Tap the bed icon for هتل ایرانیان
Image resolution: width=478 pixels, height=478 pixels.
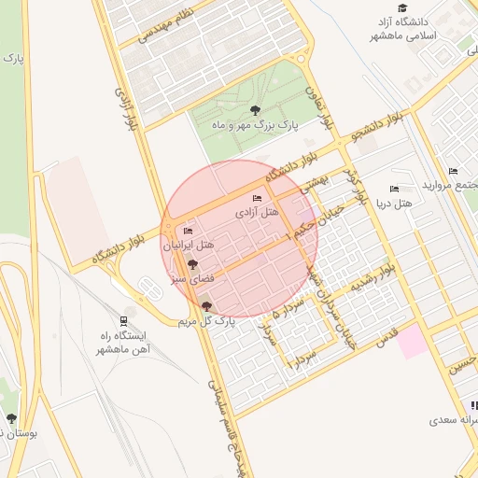click(x=188, y=231)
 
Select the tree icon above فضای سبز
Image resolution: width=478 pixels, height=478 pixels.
click(x=193, y=265)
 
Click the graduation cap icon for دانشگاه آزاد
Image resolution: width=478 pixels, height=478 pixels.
click(x=402, y=7)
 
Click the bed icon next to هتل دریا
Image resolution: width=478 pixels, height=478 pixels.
click(x=393, y=190)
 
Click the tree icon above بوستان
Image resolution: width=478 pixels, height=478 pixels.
click(x=11, y=419)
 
